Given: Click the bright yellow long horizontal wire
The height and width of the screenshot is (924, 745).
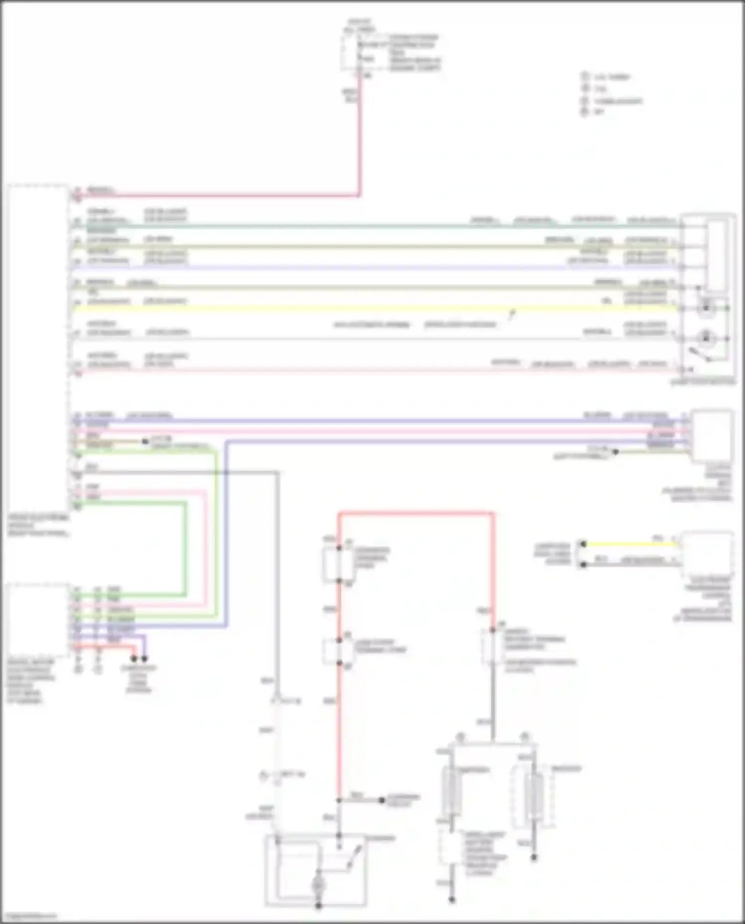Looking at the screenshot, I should click(x=348, y=308).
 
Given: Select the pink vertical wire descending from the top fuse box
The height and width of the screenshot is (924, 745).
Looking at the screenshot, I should click(x=359, y=139).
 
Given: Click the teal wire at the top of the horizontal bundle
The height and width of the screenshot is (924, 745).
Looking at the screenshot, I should click(x=348, y=226).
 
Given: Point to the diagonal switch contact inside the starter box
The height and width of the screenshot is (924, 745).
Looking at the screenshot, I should click(x=354, y=856).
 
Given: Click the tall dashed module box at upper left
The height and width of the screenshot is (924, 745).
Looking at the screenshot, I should click(x=37, y=348).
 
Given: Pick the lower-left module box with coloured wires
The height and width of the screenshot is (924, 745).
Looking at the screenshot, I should click(x=37, y=621).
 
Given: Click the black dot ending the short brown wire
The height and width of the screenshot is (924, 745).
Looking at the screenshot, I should click(x=145, y=441).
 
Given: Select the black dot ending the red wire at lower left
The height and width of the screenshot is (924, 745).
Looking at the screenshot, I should click(x=134, y=659).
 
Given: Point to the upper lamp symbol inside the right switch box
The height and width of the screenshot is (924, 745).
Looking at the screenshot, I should click(x=706, y=308).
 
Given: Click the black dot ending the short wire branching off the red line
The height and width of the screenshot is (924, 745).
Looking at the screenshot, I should click(x=381, y=800).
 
